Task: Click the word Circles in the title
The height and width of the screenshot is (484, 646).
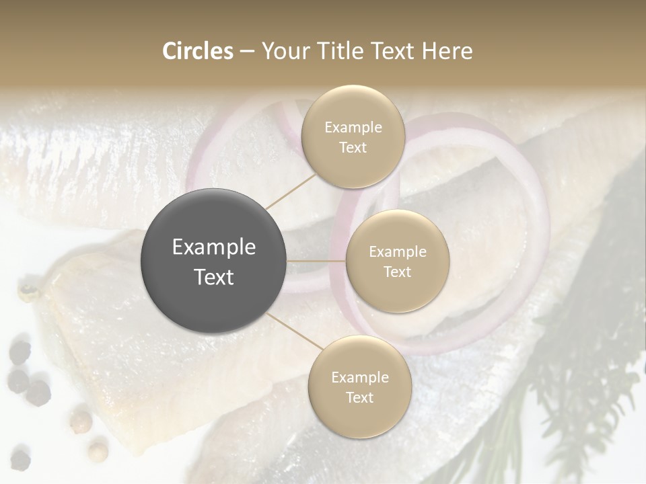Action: tap(197, 51)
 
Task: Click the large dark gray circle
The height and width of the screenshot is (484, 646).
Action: tap(214, 261)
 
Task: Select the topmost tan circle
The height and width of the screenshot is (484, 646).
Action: tap(353, 136)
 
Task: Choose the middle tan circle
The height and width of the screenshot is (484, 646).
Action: tap(397, 261)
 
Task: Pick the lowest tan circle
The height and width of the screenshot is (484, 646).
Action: tap(359, 387)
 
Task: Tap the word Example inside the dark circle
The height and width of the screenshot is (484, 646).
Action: tap(214, 247)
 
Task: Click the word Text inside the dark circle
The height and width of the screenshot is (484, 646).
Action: tap(214, 276)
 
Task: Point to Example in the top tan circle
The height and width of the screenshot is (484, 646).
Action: tap(353, 127)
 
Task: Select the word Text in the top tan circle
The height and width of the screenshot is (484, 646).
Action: tap(353, 147)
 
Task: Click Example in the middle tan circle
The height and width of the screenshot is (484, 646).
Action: tap(397, 251)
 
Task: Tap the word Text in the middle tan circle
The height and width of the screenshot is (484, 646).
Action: tap(397, 272)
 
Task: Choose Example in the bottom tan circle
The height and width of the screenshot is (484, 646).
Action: tap(359, 377)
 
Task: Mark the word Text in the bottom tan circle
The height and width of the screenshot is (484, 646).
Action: tap(359, 397)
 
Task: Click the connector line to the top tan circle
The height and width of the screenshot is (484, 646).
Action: tap(290, 190)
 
